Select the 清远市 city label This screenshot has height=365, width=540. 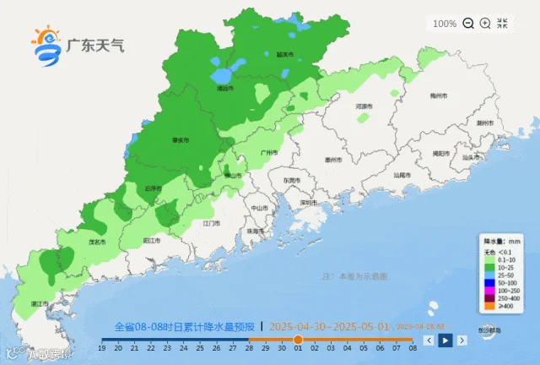click(x=224, y=87)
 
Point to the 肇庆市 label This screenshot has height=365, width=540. click(x=180, y=140)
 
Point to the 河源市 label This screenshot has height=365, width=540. click(x=364, y=107)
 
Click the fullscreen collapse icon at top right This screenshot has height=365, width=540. click(x=503, y=24)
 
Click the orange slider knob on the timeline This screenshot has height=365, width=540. click(x=297, y=339)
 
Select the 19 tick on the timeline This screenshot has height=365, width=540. click(x=102, y=347)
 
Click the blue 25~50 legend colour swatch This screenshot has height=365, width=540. click(x=488, y=274)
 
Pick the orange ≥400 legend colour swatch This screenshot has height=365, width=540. click(x=488, y=304)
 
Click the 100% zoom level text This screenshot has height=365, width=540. click(x=445, y=24)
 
